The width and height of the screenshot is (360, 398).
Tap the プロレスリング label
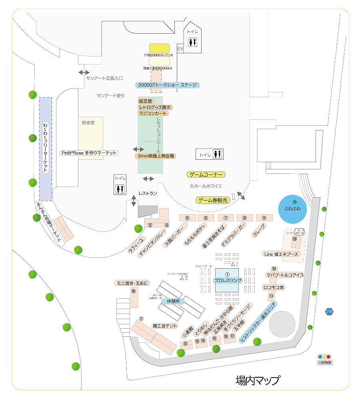tap(228, 280)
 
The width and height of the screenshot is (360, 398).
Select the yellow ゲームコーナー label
tap(206, 175)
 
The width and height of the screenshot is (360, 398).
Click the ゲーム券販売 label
tap(214, 200)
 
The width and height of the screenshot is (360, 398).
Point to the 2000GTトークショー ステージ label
tap(167, 85)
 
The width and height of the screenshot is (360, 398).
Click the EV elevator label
tap(180, 48)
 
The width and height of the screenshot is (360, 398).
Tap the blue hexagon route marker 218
tap(329, 312)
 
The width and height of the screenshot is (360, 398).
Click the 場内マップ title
tap(258, 380)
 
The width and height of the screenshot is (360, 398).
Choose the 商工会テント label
tap(165, 326)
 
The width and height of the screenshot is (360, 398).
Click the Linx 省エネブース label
tap(282, 254)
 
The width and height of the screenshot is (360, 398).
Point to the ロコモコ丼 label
tap(274, 287)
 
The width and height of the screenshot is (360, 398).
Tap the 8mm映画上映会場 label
tap(156, 156)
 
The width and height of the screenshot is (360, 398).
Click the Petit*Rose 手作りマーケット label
tap(89, 153)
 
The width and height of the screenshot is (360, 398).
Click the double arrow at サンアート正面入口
tap(84, 72)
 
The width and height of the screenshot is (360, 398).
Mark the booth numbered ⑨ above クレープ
tap(264, 217)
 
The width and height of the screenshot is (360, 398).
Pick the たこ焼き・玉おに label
tap(132, 283)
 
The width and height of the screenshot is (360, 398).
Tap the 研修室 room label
tap(88, 123)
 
